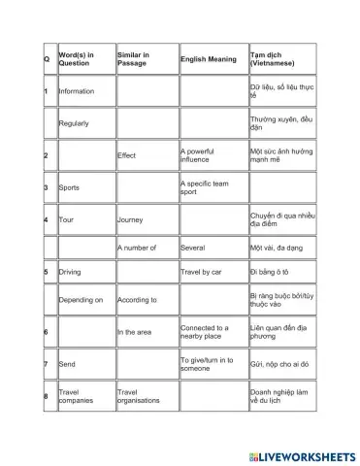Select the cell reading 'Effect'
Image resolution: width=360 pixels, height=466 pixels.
coord(127,154)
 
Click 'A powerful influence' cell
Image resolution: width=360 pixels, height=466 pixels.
coord(203,154)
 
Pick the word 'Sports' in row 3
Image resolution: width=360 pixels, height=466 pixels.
coord(70,186)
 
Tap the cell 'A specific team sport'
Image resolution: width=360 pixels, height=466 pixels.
coord(203,186)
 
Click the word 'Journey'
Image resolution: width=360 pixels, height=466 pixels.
coord(130,218)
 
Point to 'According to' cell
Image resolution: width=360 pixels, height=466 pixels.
coord(139,301)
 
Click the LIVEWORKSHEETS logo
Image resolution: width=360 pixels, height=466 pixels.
coord(302,454)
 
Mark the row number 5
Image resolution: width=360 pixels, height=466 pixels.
coord(46,273)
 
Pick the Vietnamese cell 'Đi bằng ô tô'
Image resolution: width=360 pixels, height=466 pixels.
coord(273,273)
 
